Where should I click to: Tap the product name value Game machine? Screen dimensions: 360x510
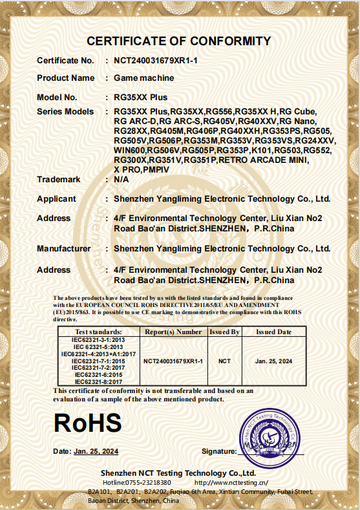[143, 78]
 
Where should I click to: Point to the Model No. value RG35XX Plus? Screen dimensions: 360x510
[140, 98]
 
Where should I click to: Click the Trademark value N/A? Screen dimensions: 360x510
[121, 179]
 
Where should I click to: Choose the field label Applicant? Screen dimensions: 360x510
[56, 198]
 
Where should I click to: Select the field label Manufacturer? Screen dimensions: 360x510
[63, 248]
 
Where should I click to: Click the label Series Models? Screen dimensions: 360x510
[65, 112]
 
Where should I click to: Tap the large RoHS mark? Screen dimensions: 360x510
[88, 423]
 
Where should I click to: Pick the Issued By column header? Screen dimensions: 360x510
[224, 332]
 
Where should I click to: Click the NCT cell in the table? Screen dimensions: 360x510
[224, 361]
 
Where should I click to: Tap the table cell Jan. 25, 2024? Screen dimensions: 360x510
[273, 361]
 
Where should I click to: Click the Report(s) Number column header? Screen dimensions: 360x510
[173, 332]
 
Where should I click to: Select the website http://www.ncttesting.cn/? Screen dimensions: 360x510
[231, 482]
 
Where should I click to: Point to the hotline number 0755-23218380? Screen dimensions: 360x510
[148, 482]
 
